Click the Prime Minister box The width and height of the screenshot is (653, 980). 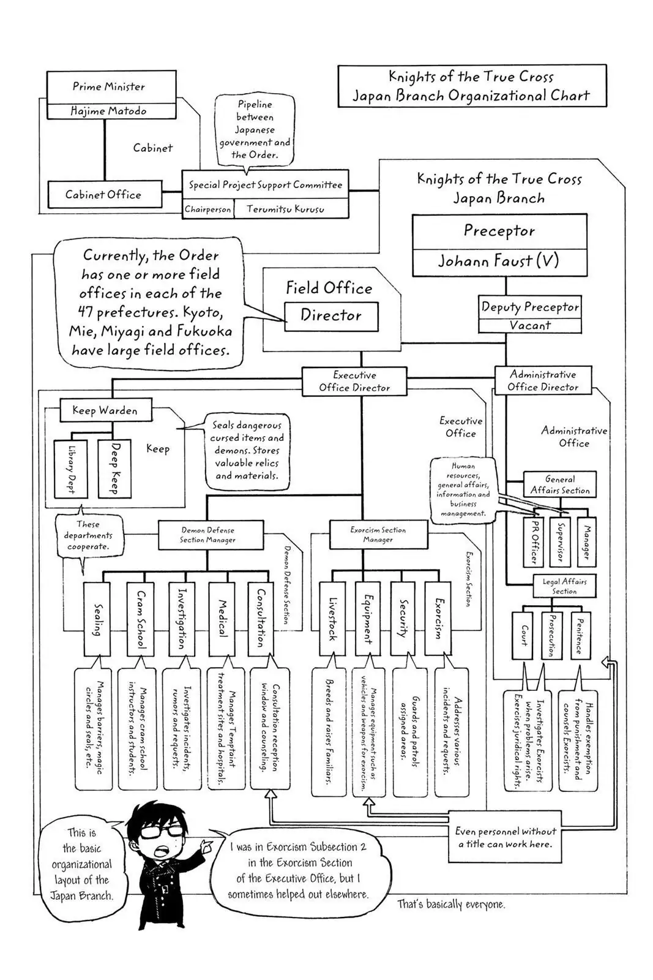coord(111,87)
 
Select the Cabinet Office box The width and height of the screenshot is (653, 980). coord(104,195)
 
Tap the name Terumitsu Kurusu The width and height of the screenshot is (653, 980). coord(285,209)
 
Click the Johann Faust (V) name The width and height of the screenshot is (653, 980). coord(499,261)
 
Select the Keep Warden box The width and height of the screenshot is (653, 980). coord(105,410)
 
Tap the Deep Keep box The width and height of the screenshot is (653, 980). coord(114,469)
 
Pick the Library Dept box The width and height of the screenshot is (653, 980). coord(70,469)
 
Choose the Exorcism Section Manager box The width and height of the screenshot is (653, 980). coord(378,535)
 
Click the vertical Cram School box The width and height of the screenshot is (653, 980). coord(141,619)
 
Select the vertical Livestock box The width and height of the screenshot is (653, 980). coord(332,619)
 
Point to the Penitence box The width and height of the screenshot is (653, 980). coord(580,635)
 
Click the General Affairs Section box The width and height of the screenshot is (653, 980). coord(559,484)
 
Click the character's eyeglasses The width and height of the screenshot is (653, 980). coord(161,831)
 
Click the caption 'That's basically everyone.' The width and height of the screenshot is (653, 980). coord(451,904)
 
